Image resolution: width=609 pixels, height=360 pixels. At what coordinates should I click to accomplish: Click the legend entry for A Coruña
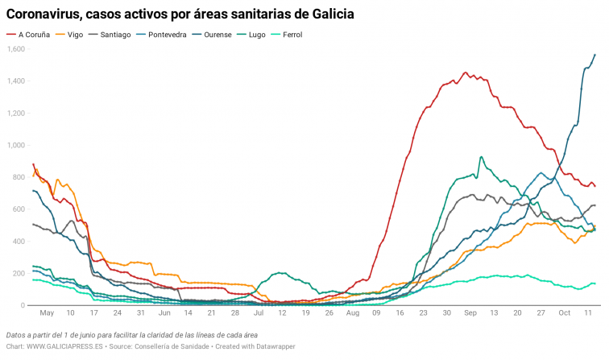(x=33, y=35)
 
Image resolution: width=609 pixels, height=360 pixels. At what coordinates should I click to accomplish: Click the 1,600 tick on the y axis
(x=16, y=49)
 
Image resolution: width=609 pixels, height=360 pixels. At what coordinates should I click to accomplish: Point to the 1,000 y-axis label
(x=16, y=146)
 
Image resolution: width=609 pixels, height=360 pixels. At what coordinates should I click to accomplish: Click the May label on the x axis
(x=48, y=312)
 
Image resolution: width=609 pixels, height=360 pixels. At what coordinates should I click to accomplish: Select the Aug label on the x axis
(x=352, y=312)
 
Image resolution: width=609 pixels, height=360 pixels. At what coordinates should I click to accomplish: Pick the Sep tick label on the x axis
(x=471, y=312)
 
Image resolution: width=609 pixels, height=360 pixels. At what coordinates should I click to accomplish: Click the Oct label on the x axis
(x=565, y=312)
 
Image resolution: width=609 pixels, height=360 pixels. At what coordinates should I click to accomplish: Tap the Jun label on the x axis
(x=164, y=312)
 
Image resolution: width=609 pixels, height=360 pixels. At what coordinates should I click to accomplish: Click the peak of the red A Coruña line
(x=465, y=72)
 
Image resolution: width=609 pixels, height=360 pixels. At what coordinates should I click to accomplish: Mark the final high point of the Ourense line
(x=594, y=55)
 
